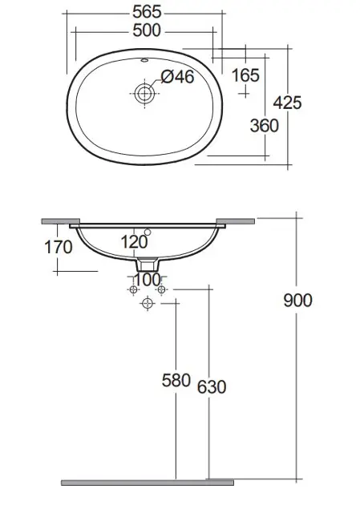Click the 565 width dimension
coord(147,12)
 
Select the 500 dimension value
coord(147,30)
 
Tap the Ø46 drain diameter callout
coord(177,77)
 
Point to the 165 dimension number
coord(245,75)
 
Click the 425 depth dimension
coord(287,103)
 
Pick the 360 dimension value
coord(264,126)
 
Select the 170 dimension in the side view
coord(58,248)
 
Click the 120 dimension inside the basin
coord(134,242)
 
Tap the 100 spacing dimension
coord(148,280)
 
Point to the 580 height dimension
coord(176,381)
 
